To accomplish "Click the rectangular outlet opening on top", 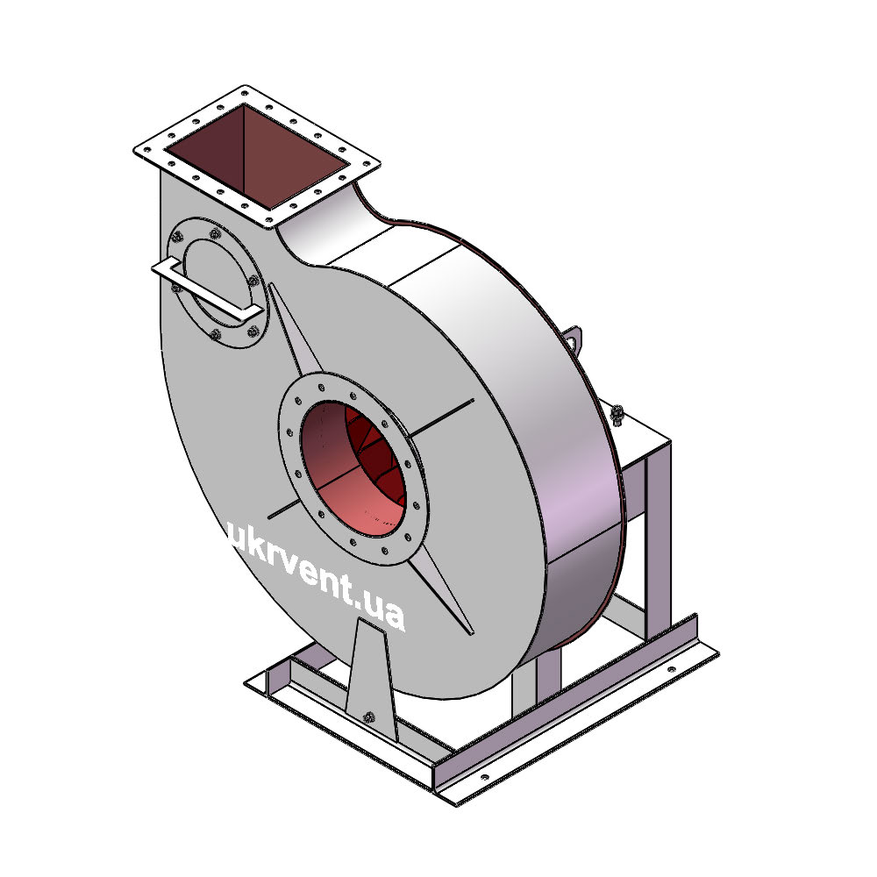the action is tap(257, 156).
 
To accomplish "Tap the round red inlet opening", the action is tap(353, 467).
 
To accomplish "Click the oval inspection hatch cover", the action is tap(217, 282).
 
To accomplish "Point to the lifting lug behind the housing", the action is tap(574, 339).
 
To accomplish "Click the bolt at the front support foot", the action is tap(368, 717).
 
